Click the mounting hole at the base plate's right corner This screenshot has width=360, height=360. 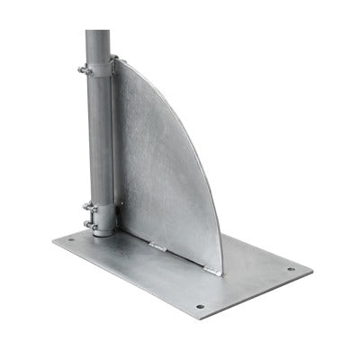[x=290, y=268]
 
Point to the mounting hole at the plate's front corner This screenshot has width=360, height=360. [x=200, y=306]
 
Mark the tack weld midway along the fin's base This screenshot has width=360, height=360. [x=159, y=245]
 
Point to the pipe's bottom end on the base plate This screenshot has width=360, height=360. [x=103, y=232]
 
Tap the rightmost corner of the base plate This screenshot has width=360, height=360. [x=312, y=268]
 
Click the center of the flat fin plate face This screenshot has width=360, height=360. [x=162, y=171]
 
